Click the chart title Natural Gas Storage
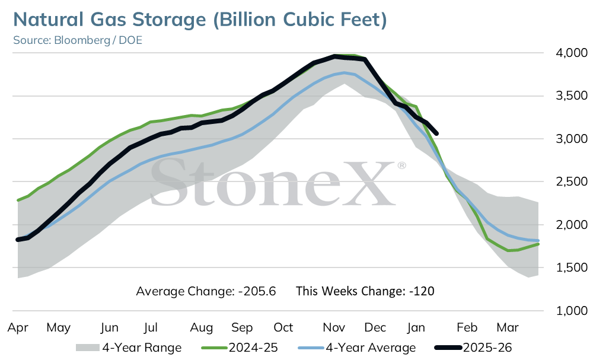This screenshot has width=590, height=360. [x=110, y=20]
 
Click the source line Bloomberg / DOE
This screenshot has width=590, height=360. [x=98, y=40]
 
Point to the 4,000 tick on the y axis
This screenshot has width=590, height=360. [x=571, y=53]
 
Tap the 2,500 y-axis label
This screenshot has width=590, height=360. [x=571, y=181]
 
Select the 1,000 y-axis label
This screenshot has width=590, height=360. [x=571, y=311]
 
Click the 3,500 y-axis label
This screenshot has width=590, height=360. [x=571, y=95]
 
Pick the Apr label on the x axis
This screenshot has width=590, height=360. [x=18, y=328]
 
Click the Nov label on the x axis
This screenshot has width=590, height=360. [x=334, y=327]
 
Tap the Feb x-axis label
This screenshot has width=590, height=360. [x=467, y=327]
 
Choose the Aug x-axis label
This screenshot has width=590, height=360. [x=201, y=328]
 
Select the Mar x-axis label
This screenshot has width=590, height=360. [x=508, y=327]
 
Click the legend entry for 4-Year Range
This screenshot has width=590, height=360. [x=129, y=348]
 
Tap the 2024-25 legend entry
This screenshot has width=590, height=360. [x=240, y=348]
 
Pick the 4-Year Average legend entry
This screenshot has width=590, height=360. [x=357, y=348]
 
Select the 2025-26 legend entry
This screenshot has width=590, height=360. [x=473, y=348]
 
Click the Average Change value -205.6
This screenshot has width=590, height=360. [x=257, y=291]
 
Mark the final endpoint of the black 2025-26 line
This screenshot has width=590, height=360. [x=436, y=133]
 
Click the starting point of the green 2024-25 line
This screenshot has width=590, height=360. [x=18, y=200]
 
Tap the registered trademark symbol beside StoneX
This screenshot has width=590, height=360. [x=402, y=165]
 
